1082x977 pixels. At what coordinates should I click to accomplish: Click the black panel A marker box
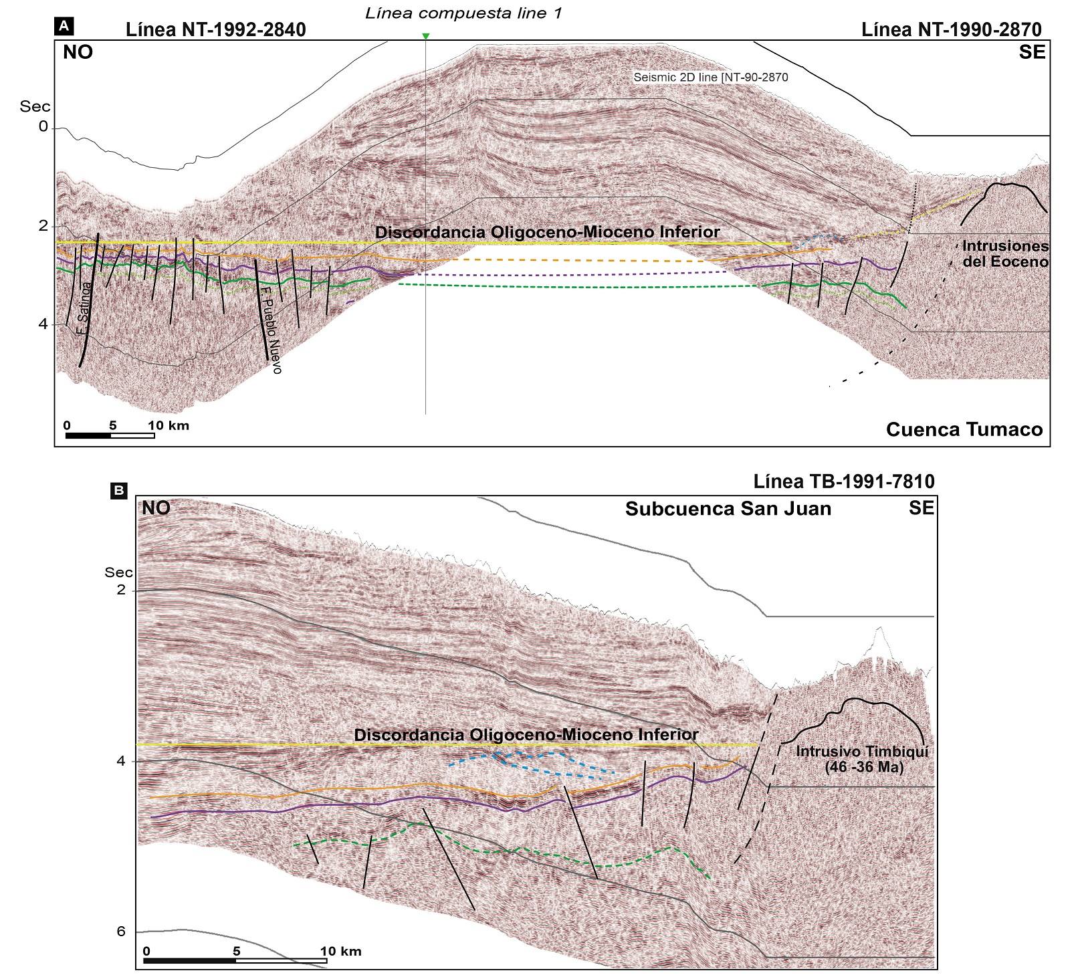point(64,26)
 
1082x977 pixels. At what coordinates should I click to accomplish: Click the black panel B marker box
point(118,491)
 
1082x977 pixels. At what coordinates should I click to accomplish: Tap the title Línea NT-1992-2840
point(215,29)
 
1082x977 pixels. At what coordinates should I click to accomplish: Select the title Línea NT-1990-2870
point(951,29)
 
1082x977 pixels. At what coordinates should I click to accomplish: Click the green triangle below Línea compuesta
point(425,36)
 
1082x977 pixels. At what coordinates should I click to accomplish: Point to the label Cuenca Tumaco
point(964,429)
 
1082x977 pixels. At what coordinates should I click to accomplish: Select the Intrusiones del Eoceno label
point(1004,254)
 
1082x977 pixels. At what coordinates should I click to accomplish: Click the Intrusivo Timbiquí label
point(863,759)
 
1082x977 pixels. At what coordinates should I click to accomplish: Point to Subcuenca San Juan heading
point(728,509)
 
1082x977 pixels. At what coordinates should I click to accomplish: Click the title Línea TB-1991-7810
point(843,481)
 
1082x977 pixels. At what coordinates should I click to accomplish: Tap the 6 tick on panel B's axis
point(121,932)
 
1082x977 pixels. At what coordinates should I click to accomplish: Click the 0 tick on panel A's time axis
point(43,126)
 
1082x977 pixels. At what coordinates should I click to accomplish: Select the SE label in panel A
point(1031,52)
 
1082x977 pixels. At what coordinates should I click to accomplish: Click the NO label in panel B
point(156,508)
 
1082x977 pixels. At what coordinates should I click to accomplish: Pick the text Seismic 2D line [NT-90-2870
point(710,78)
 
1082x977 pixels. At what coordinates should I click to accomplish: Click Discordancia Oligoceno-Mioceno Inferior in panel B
point(526,734)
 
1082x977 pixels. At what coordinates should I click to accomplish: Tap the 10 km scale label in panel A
point(169,425)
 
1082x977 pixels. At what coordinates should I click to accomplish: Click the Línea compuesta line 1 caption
point(463,13)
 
